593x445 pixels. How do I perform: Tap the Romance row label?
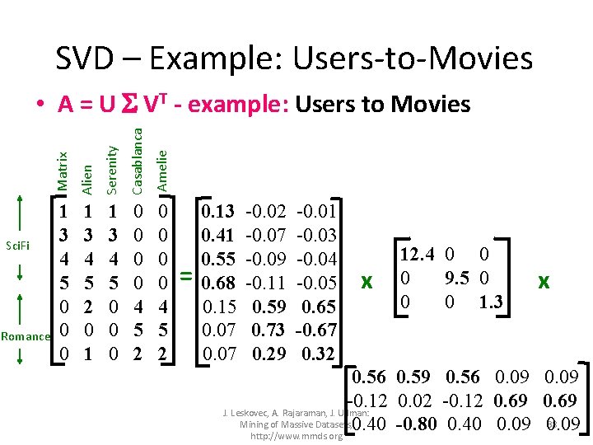click(26, 335)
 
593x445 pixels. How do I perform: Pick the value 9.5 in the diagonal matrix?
click(458, 276)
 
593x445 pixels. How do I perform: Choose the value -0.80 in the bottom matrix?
click(417, 425)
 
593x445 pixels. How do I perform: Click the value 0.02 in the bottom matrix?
click(417, 401)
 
